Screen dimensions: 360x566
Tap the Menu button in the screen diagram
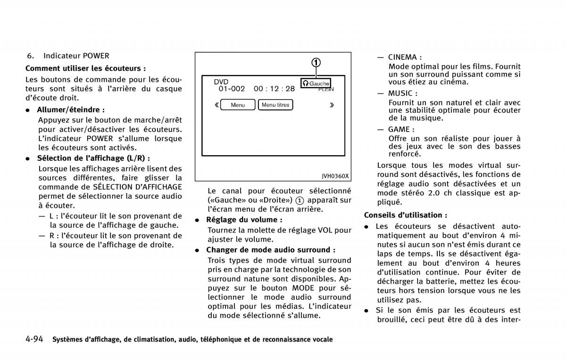tap(238, 105)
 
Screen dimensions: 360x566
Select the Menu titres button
tap(275, 105)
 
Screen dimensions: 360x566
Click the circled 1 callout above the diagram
tap(316, 62)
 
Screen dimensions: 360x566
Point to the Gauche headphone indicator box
tap(316, 83)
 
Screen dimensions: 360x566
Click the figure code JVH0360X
tap(335, 176)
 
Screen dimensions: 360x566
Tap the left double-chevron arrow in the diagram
tap(216, 105)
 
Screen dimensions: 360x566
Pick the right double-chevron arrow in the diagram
tap(332, 105)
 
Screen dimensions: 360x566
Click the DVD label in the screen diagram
tap(221, 82)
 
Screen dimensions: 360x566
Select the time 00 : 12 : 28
tap(274, 89)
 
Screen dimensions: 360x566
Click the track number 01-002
tap(232, 89)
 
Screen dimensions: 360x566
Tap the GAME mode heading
tap(401, 129)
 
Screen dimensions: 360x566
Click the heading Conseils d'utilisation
tap(406, 215)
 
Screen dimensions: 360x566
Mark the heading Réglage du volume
tap(244, 220)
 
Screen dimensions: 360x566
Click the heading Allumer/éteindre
tap(71, 109)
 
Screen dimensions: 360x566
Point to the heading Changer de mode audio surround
tap(271, 250)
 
